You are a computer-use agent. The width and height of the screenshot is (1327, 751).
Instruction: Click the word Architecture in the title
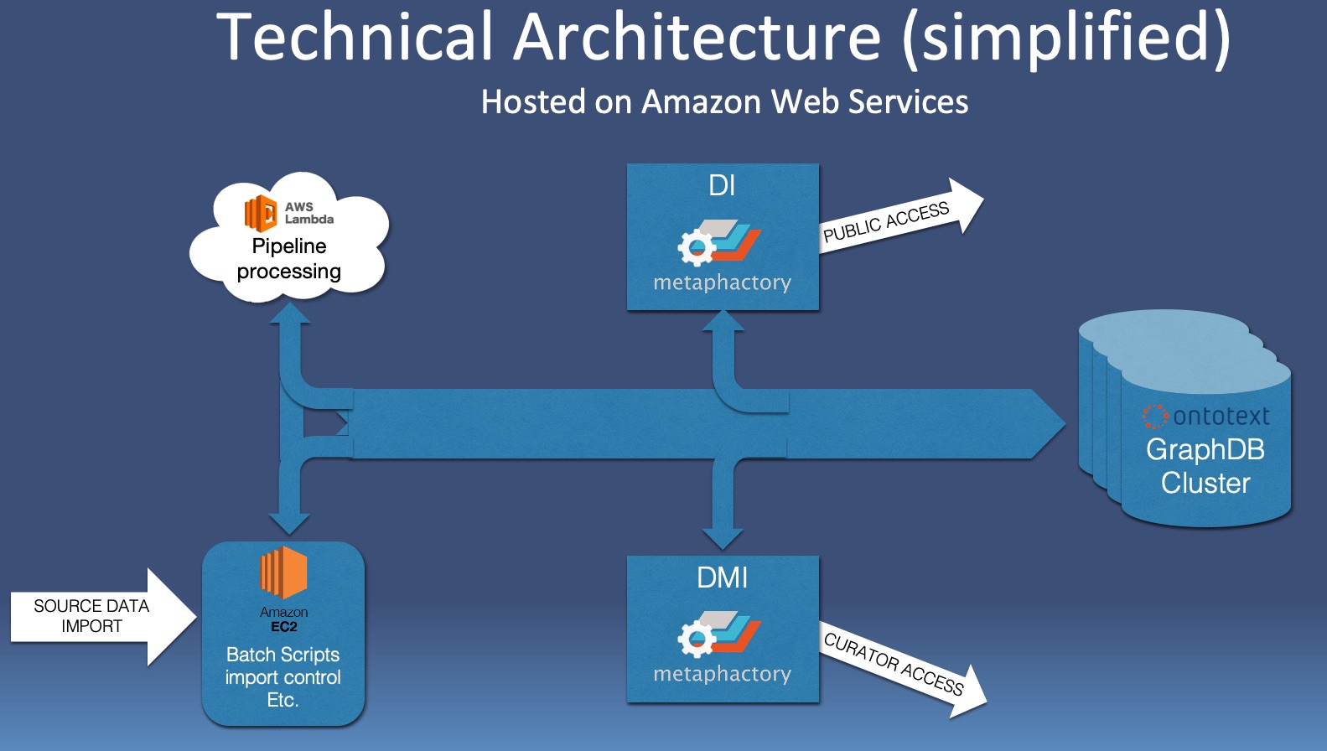(x=697, y=38)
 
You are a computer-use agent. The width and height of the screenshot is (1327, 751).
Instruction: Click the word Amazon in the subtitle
(x=701, y=102)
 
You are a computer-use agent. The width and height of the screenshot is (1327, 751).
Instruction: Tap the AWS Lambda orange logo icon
(x=260, y=213)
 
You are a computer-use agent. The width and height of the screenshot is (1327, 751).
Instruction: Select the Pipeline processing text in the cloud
(x=289, y=258)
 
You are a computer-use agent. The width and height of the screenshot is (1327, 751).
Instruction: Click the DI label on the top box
(x=722, y=185)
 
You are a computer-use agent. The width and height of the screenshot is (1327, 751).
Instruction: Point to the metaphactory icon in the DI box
(x=718, y=240)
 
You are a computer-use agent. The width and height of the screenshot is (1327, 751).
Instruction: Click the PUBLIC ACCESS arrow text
(x=886, y=222)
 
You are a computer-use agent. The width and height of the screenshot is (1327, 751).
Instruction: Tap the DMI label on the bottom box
(x=722, y=577)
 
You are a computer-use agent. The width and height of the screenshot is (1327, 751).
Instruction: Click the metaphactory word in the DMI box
(x=722, y=674)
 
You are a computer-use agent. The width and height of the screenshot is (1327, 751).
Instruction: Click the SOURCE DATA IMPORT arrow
(x=92, y=616)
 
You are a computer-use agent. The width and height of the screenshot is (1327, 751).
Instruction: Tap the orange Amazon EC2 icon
(x=283, y=572)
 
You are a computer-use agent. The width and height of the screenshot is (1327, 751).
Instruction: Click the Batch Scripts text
(x=283, y=655)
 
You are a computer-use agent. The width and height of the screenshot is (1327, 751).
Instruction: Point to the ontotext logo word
(x=1221, y=416)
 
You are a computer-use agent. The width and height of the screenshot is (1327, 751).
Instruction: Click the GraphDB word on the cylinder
(x=1205, y=449)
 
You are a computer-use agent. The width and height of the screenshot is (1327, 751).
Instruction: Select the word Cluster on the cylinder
(x=1205, y=483)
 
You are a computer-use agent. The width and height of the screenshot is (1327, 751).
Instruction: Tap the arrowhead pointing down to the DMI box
(x=722, y=538)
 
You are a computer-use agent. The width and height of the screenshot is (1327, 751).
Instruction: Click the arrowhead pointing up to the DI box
(x=723, y=320)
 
